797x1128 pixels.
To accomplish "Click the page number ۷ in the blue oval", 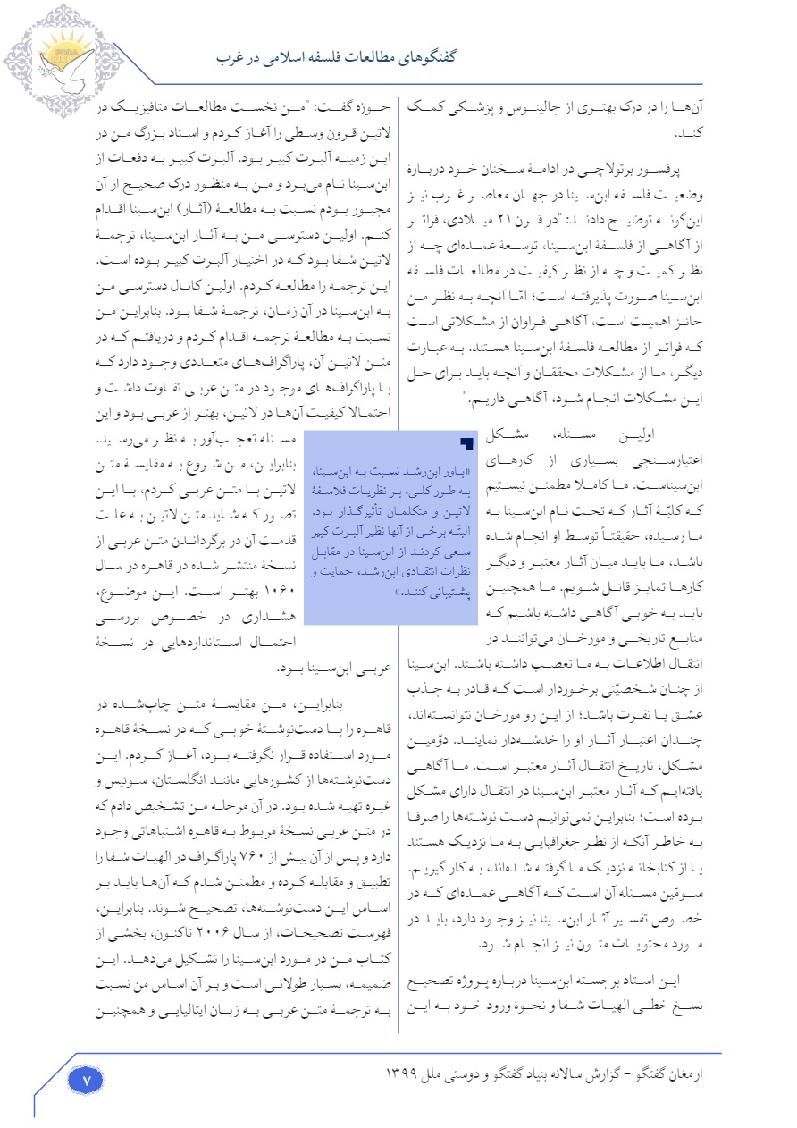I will [87, 1080].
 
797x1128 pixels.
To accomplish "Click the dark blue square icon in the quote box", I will [466, 443].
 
